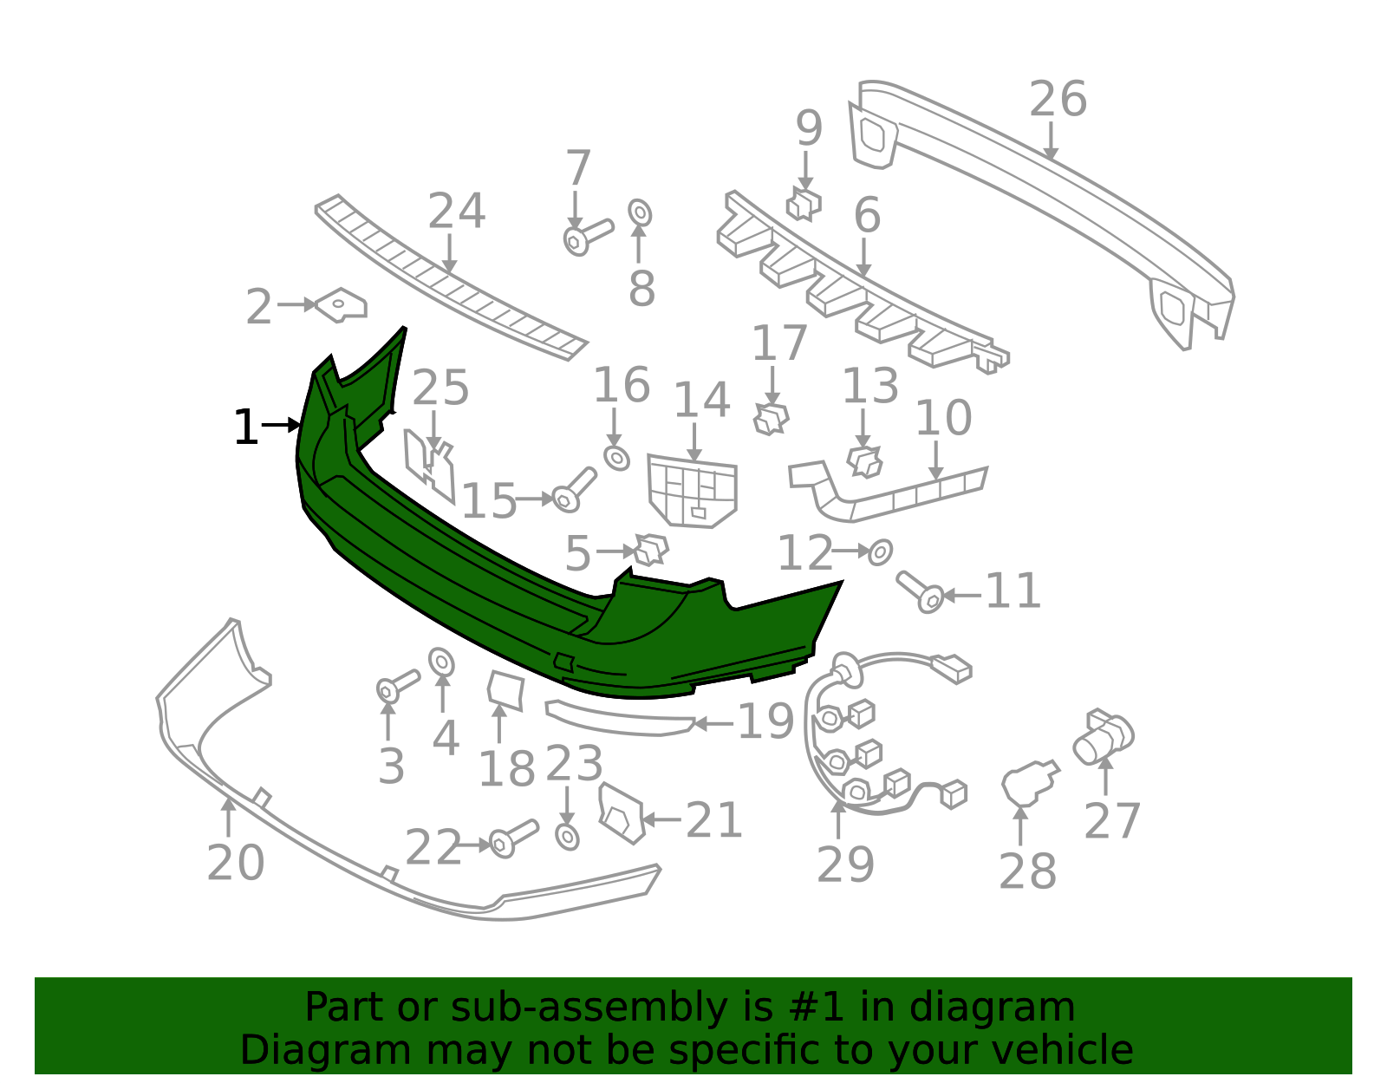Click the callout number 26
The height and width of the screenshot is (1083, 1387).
pos(1058,100)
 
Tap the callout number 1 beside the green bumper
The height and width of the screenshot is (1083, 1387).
pos(245,427)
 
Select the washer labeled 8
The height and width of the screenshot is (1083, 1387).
pos(640,212)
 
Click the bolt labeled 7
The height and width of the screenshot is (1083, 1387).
pos(587,237)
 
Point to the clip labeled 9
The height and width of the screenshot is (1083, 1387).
pos(804,204)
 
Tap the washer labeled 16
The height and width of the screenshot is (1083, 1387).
pos(616,458)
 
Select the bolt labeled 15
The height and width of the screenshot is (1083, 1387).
pos(574,490)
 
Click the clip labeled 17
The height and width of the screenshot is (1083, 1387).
pos(771,419)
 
